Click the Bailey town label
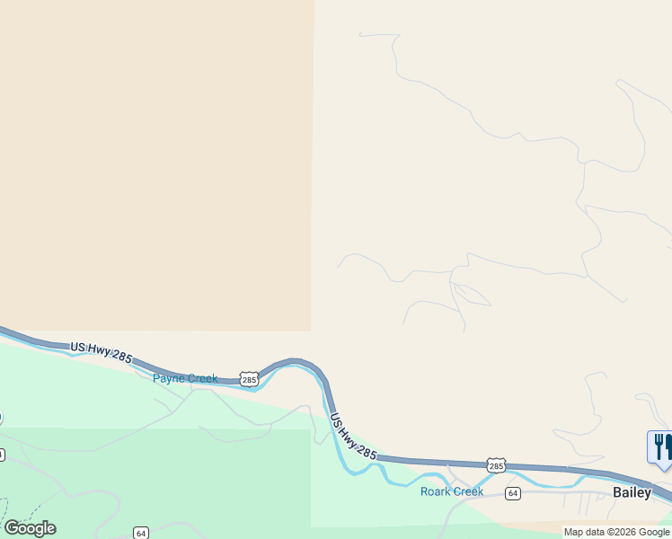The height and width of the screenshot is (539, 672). pos(632,492)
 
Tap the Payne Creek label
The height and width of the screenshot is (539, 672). pos(185,378)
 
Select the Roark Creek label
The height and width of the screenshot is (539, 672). pos(452,491)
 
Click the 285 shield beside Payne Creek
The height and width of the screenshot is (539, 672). pos(249,380)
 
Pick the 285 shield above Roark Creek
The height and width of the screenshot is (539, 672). pos(496,464)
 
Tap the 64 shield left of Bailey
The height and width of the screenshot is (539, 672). pos(512,493)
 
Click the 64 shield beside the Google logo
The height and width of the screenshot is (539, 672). pos(141,533)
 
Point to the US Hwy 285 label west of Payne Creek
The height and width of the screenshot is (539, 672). pos(101,351)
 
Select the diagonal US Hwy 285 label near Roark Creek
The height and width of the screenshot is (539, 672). pos(353,436)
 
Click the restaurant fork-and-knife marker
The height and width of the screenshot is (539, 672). pos(660,446)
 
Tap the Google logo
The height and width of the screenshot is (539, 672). pos(30,528)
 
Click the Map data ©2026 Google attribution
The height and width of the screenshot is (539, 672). pos(616,532)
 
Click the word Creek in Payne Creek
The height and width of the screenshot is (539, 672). pos(202,378)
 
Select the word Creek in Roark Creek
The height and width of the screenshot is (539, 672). pos(469,491)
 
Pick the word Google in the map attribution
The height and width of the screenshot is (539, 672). pos(653,532)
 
